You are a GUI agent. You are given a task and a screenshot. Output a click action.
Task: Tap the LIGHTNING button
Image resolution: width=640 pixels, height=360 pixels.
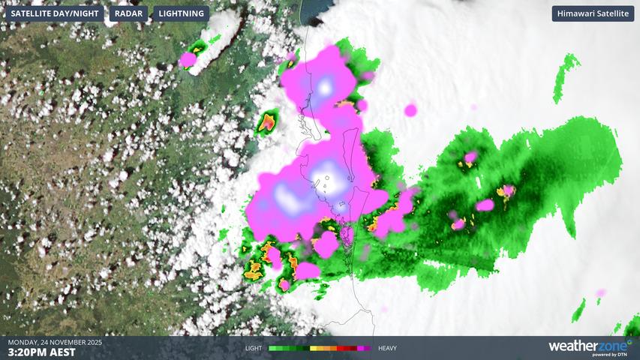click(x=182, y=13)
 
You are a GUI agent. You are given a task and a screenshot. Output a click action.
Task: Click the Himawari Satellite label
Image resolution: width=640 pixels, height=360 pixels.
click(x=593, y=13)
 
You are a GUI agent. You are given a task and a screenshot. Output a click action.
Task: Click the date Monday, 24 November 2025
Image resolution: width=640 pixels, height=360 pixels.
click(x=54, y=342)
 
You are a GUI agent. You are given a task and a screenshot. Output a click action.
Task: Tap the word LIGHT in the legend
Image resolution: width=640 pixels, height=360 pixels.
click(x=254, y=348)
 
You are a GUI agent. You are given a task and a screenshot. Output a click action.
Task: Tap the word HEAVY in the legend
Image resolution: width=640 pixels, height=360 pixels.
click(x=387, y=348)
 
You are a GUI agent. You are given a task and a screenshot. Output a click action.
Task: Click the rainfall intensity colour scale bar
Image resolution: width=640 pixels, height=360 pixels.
click(x=320, y=348)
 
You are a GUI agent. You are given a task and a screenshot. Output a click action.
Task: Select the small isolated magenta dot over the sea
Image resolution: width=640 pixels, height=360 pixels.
click(x=410, y=111)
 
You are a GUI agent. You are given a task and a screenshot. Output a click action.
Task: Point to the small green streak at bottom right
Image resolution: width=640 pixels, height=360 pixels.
click(x=578, y=310)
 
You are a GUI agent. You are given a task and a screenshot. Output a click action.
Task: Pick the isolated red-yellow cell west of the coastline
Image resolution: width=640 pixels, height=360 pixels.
click(x=267, y=122)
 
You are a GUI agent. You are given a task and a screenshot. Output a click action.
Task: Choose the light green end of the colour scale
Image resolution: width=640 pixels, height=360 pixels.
click(x=272, y=348)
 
